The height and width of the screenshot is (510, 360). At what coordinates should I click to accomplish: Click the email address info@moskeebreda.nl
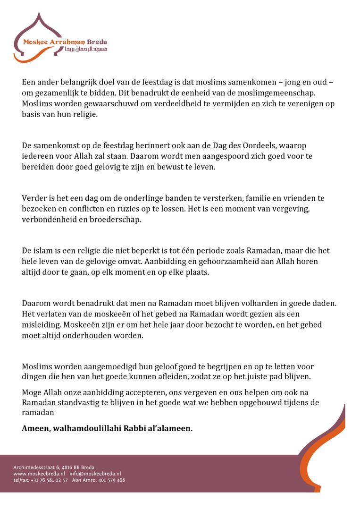pos(95,474)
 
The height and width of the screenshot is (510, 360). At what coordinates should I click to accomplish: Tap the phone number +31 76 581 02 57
pos(49,480)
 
